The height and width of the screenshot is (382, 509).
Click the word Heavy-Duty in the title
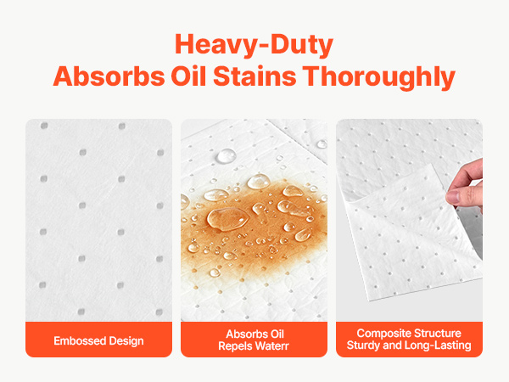254,45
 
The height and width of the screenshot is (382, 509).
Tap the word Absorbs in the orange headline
109,76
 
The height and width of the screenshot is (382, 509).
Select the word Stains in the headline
255,76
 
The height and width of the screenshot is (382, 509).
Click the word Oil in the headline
188,76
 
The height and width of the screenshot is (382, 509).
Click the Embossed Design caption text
98,340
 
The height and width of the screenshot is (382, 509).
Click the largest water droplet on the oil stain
228,219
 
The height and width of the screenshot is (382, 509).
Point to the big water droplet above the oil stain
227,156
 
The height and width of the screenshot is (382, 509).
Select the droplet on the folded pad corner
322,144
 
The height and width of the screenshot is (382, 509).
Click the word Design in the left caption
126,341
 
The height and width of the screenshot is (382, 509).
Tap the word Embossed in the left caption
80,340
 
